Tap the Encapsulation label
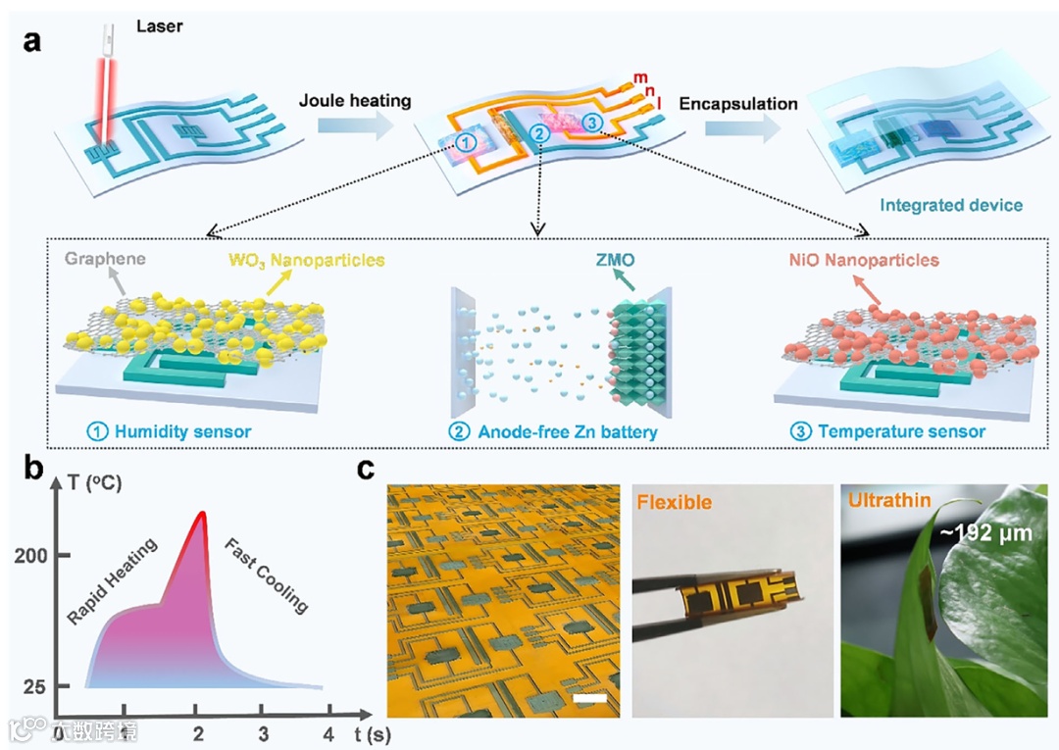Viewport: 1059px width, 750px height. [738, 103]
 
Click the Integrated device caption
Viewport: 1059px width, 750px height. [950, 206]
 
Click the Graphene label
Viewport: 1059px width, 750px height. [106, 261]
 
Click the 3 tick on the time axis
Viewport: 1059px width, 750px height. [262, 733]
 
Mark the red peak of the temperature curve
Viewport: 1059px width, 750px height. [202, 513]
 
